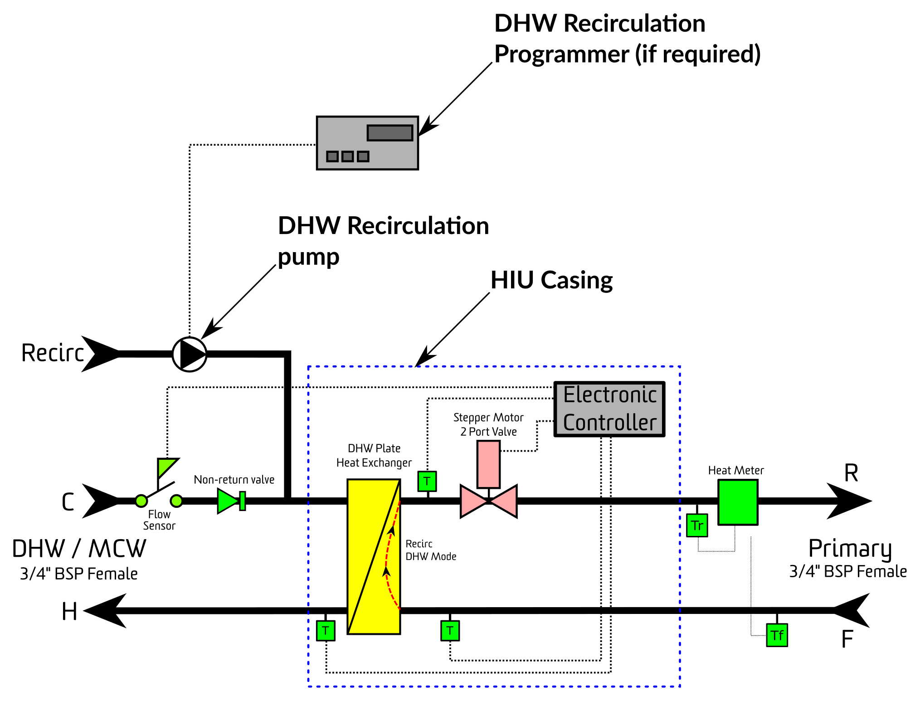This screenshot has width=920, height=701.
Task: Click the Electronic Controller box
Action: pyautogui.click(x=609, y=409)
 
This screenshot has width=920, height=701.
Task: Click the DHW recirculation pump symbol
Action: pyautogui.click(x=190, y=354)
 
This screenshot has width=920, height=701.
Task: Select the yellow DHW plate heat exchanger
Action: pyautogui.click(x=374, y=556)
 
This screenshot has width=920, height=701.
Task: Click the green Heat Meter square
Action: pyautogui.click(x=738, y=502)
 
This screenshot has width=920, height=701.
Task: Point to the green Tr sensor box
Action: pyautogui.click(x=697, y=525)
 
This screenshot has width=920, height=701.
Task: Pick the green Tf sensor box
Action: pyautogui.click(x=777, y=635)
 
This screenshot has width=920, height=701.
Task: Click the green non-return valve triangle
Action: pyautogui.click(x=228, y=501)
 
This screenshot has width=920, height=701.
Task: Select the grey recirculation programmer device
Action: pyautogui.click(x=367, y=143)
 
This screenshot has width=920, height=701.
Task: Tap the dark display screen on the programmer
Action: pyautogui.click(x=390, y=133)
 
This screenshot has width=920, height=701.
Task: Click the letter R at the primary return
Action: pyautogui.click(x=851, y=473)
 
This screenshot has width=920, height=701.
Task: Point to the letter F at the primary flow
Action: pyautogui.click(x=847, y=639)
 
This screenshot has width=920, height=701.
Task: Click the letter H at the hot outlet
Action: pyautogui.click(x=69, y=612)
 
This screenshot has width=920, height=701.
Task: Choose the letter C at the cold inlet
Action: pyautogui.click(x=68, y=502)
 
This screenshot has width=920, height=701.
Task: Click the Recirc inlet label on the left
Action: pyautogui.click(x=53, y=353)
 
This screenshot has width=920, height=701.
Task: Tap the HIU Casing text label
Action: pyautogui.click(x=551, y=280)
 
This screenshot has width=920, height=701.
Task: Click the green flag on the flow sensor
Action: pyautogui.click(x=166, y=467)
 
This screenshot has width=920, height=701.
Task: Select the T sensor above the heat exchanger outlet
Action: pyautogui.click(x=427, y=481)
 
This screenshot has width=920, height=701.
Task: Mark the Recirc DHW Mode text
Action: pyautogui.click(x=431, y=550)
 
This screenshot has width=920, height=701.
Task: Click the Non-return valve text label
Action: pyautogui.click(x=234, y=480)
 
